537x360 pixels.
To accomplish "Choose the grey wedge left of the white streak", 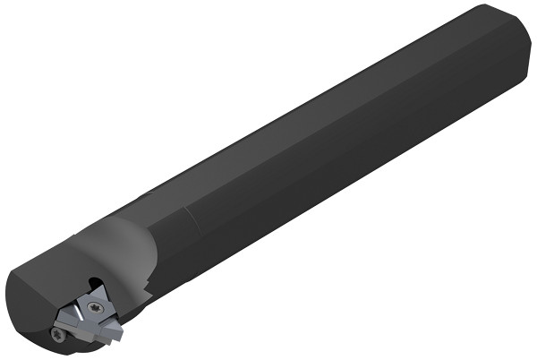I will coord(68,316).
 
